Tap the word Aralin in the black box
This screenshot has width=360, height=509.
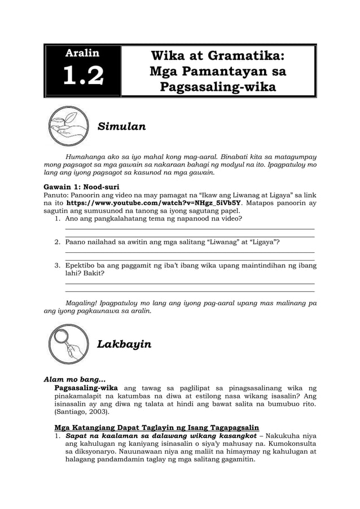point(83,54)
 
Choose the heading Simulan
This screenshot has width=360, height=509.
point(122,126)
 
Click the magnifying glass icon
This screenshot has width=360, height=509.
point(67,344)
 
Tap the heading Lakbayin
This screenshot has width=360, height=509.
point(124,344)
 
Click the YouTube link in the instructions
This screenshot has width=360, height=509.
point(153,202)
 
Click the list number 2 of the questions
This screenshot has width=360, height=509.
point(58,242)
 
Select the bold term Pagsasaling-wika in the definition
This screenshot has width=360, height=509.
point(85,388)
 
